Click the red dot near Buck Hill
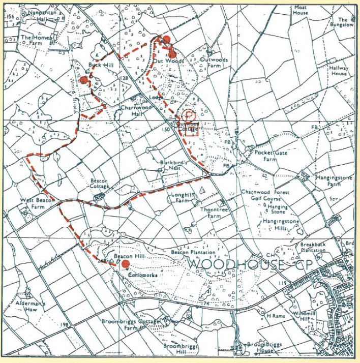84,79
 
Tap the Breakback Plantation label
313,247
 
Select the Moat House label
300,10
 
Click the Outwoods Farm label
214,63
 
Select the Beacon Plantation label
193,252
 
